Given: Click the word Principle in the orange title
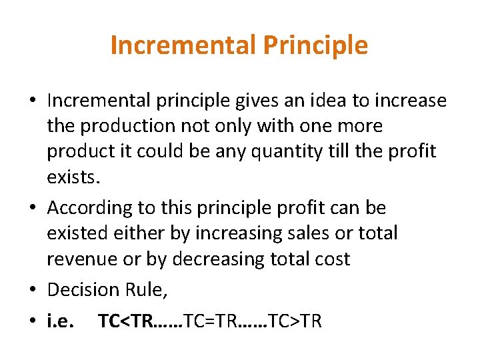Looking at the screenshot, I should (x=315, y=45).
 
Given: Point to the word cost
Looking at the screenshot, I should (x=333, y=259).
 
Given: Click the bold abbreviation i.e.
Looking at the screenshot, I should (x=61, y=321).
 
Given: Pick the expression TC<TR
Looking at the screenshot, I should (x=125, y=321).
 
